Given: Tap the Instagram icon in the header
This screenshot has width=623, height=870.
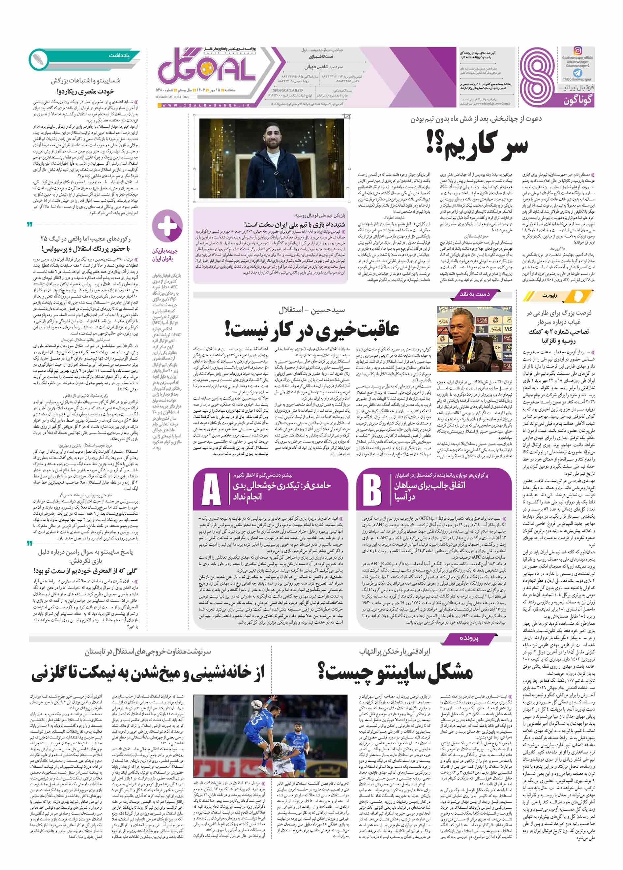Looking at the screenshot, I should click(578, 50).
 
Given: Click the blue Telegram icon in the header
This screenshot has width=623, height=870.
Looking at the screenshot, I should click(577, 73).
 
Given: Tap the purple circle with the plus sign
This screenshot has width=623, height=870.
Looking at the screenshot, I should click(167, 226).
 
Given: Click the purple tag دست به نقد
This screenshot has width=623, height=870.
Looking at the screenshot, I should click(474, 294).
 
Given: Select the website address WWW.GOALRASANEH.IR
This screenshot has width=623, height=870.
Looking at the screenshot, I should click(207, 105).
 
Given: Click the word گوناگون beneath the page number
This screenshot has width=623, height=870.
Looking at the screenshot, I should click(578, 101).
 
